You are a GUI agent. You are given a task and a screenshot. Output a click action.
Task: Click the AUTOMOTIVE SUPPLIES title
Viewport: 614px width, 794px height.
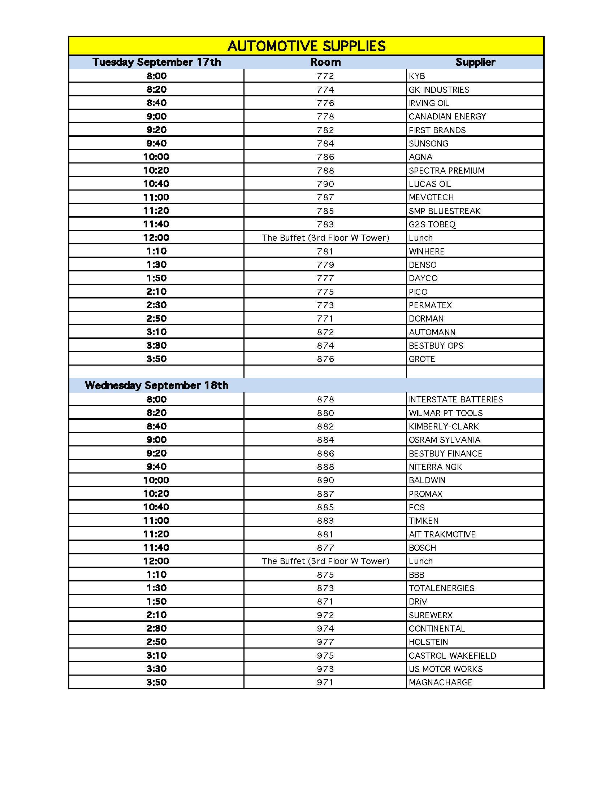click(306, 46)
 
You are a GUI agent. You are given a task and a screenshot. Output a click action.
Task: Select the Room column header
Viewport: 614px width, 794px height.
click(325, 62)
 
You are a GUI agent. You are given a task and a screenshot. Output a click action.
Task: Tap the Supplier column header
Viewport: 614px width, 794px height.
click(475, 62)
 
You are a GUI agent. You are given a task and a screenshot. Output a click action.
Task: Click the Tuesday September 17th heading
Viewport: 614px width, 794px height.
click(156, 62)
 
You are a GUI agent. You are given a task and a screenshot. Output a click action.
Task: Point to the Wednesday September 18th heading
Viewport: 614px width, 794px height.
click(156, 385)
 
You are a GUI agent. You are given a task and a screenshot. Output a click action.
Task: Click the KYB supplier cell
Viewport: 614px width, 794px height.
click(417, 76)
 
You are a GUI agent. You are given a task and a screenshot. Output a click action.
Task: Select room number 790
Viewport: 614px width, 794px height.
click(325, 184)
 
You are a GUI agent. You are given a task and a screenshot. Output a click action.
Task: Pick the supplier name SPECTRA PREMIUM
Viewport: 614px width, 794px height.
click(446, 170)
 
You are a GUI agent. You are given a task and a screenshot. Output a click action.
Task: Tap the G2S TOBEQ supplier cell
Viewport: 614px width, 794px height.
click(432, 224)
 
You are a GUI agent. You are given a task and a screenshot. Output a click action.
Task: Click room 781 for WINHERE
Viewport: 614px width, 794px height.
click(325, 251)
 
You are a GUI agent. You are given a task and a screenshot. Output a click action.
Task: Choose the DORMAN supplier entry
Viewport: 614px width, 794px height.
click(426, 318)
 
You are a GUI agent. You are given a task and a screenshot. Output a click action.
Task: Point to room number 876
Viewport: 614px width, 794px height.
click(325, 359)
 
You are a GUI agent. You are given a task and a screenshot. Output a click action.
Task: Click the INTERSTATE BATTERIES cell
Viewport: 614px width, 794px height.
click(455, 400)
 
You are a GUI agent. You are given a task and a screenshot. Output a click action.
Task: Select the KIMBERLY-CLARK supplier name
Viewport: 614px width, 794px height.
click(444, 427)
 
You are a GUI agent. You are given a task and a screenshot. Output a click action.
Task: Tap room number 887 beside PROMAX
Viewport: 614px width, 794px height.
click(325, 494)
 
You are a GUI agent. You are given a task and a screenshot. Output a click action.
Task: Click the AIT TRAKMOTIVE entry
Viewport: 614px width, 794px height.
click(442, 534)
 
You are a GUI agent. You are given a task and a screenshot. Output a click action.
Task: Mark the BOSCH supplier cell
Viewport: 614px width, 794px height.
click(422, 547)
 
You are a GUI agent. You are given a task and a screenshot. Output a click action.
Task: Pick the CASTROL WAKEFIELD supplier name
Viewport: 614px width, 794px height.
click(452, 655)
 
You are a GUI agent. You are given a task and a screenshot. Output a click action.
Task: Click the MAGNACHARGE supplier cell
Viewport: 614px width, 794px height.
click(440, 682)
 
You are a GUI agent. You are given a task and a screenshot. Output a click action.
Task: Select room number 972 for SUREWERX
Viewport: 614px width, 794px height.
click(325, 615)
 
